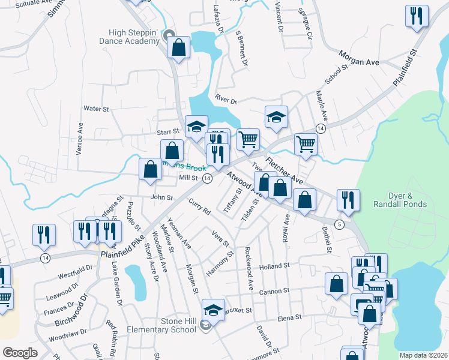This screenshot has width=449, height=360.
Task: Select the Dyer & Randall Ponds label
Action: pyautogui.click(x=408, y=200)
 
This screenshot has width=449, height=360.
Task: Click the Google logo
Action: pyautogui.click(x=19, y=353)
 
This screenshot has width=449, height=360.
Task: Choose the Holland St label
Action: pyautogui.click(x=274, y=265)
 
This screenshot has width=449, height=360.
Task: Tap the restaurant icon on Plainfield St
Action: pyautogui.click(x=417, y=15)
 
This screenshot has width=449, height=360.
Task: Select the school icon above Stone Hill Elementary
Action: pyautogui.click(x=212, y=310)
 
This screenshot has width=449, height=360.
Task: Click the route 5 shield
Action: pyautogui.click(x=339, y=224)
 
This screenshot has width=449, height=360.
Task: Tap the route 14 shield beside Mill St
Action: pyautogui.click(x=206, y=179)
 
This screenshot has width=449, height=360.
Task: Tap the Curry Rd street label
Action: pyautogui.click(x=199, y=208)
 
